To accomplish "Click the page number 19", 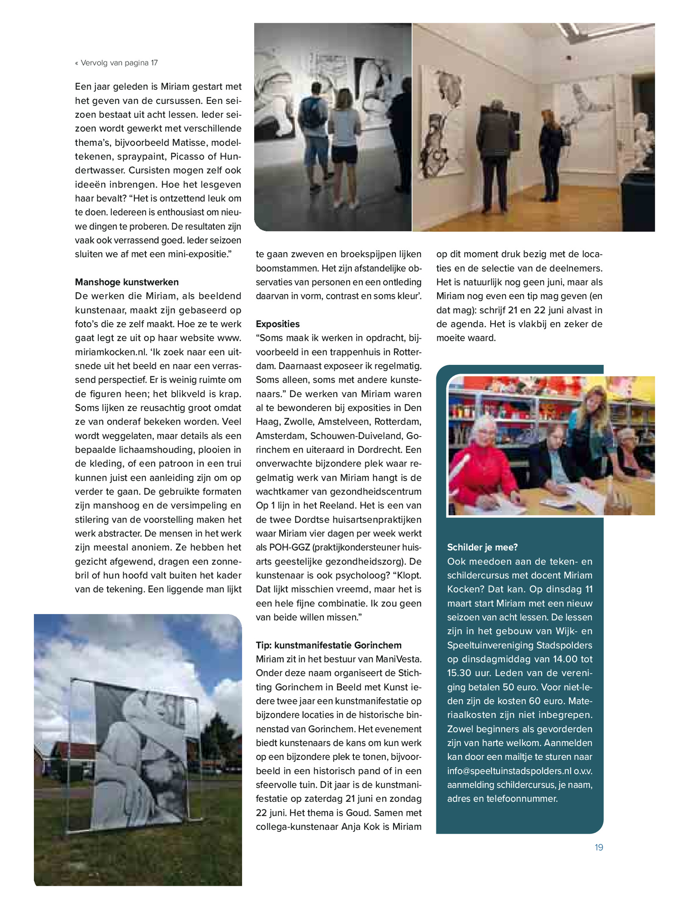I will (x=598, y=847).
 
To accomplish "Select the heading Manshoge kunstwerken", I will (x=127, y=282).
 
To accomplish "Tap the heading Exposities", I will (x=278, y=324).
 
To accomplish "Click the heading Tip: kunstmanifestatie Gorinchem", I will (x=328, y=645).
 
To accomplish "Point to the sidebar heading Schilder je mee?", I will (x=482, y=548).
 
